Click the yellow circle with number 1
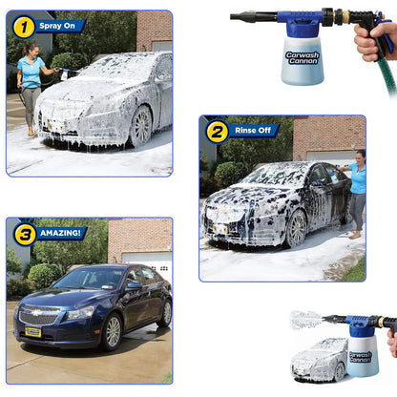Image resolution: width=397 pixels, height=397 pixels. [24, 27]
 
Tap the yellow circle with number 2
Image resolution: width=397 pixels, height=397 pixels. [217, 131]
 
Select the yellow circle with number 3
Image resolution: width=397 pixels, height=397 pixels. [24, 234]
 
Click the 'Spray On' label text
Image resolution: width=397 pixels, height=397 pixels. [58, 27]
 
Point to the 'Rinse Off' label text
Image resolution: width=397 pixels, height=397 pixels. [253, 131]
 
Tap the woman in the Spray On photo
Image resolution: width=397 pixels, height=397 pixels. [31, 86]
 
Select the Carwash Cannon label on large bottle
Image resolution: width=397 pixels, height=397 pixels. [303, 56]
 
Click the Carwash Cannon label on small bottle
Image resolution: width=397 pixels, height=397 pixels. [360, 357]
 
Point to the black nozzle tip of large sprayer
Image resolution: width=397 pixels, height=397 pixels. [243, 16]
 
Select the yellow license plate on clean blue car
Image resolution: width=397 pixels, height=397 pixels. [33, 331]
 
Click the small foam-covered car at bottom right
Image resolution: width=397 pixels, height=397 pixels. [318, 360]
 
